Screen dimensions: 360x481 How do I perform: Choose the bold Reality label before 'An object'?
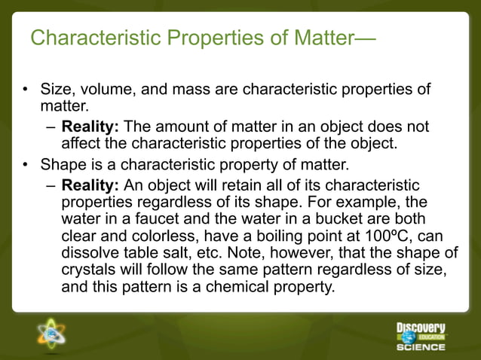tap(89, 185)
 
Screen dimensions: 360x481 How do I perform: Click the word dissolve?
tap(90, 253)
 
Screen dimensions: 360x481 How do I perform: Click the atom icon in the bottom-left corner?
tap(51, 335)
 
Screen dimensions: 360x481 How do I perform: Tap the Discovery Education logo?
tap(421, 337)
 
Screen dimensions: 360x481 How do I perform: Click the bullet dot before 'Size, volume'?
tap(25, 91)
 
